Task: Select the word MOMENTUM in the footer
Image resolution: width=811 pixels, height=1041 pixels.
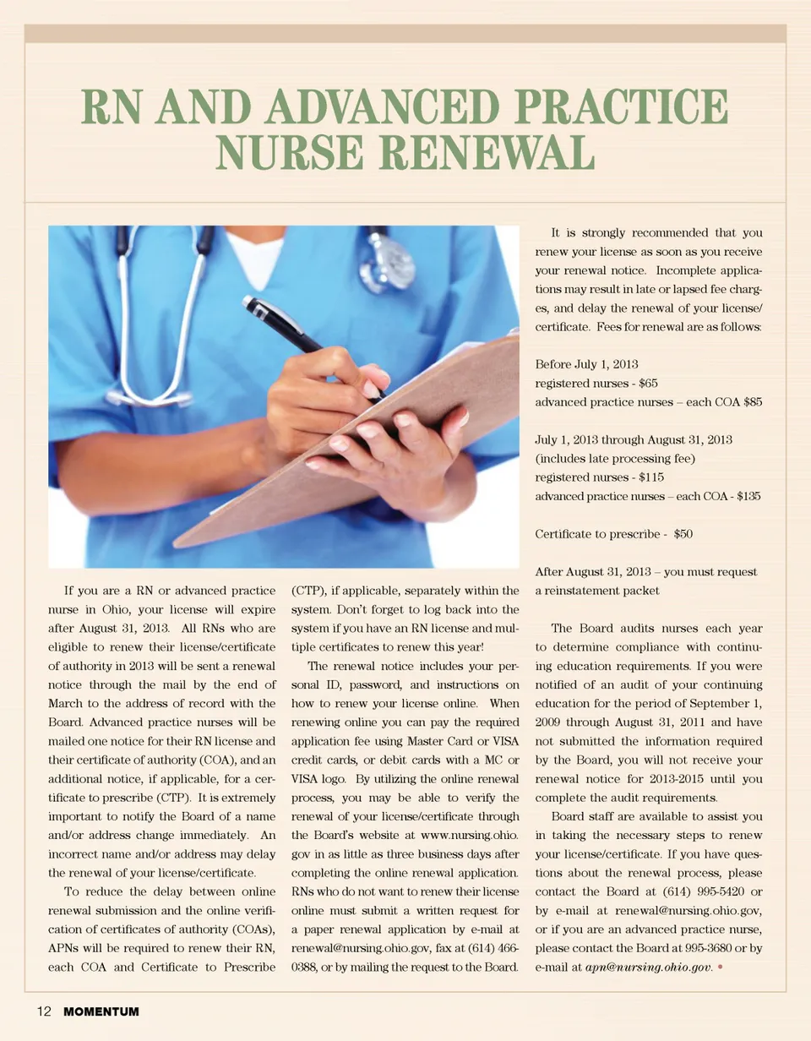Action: [x=101, y=1011]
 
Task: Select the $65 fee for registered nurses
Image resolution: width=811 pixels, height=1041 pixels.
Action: [x=645, y=383]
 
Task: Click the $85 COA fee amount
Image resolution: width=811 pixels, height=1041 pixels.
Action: [x=747, y=402]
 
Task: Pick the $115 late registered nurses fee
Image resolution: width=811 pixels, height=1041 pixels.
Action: [x=651, y=477]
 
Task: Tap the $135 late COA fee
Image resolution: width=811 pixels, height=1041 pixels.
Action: [x=748, y=496]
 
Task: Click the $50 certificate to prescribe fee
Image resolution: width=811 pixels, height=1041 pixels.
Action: [x=683, y=534]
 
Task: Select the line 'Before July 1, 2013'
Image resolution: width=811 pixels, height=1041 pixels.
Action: [x=586, y=364]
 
